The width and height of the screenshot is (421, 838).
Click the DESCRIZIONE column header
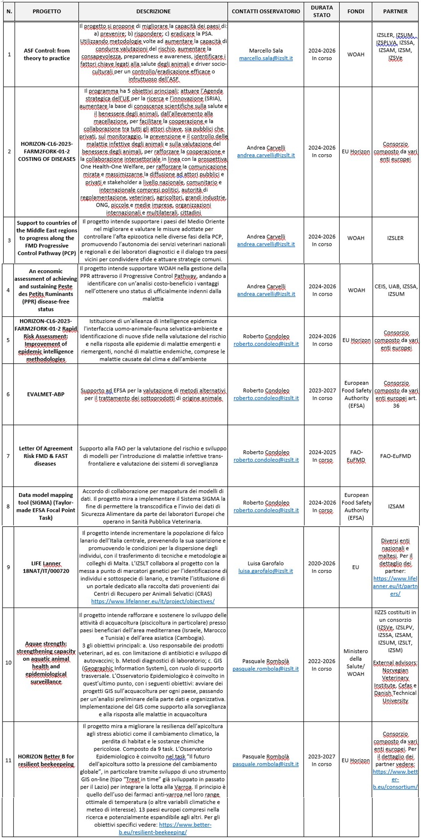click(153, 11)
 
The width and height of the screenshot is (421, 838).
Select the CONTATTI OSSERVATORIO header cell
click(266, 11)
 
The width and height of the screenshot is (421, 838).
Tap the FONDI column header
click(356, 11)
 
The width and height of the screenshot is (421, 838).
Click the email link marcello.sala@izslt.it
click(266, 58)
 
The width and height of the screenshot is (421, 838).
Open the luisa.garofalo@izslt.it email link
click(265, 571)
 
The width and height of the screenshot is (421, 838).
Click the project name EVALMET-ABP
click(46, 394)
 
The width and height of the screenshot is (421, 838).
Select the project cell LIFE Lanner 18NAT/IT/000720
click(46, 567)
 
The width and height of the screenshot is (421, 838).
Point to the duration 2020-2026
click(322, 564)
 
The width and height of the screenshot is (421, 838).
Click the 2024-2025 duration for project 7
click(322, 452)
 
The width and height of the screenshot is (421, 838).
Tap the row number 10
click(8, 662)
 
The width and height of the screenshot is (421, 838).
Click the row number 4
click(8, 290)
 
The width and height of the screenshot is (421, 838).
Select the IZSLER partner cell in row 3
click(395, 238)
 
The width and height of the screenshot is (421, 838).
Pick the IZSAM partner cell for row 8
click(396, 506)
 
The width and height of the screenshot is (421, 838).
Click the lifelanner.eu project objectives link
click(153, 601)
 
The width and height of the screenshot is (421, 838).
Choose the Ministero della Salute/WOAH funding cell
click(356, 662)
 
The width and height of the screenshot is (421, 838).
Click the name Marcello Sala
click(266, 51)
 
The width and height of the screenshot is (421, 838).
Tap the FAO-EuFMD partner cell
click(395, 456)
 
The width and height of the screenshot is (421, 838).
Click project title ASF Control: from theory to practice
click(47, 54)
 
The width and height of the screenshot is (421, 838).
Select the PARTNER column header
click(395, 11)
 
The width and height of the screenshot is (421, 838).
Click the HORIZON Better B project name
click(46, 760)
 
